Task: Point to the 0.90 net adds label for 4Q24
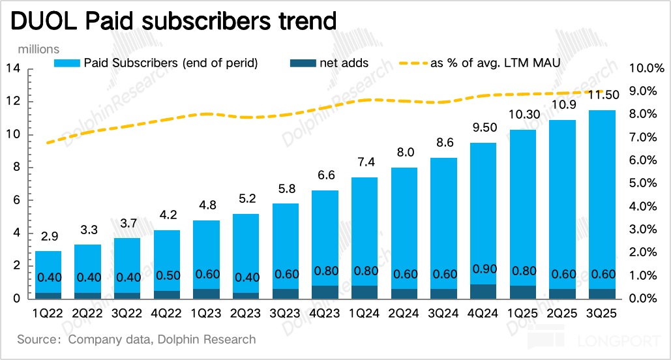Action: click(x=483, y=269)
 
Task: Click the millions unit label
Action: click(x=38, y=50)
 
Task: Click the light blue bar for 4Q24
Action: click(x=483, y=209)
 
